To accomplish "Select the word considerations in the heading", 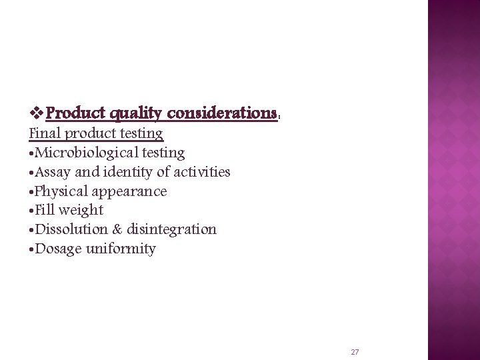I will pos(222,113).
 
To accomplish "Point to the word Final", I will pos(43,133).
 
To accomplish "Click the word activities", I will pos(202,172).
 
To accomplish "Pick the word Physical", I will pos(61,191).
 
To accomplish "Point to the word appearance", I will pos(129,192).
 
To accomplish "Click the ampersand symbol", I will pos(118,229).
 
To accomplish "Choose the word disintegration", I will pos(173,230).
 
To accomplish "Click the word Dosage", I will pos(59,249).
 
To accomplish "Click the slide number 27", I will pos(355,351).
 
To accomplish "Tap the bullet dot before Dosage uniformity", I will pos(31,250).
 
